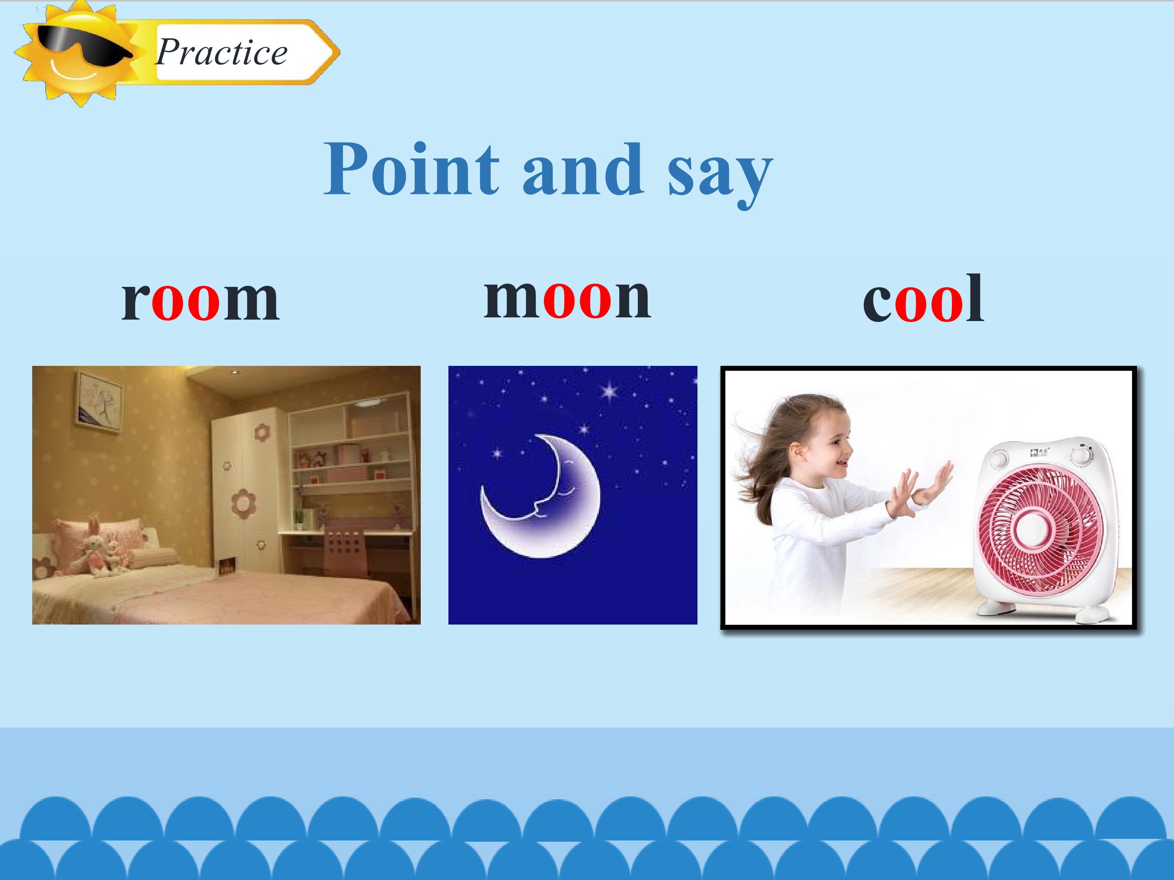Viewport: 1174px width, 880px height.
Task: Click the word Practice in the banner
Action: click(x=221, y=52)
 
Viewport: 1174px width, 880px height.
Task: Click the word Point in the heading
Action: click(x=412, y=169)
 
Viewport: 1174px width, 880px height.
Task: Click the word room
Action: click(x=200, y=300)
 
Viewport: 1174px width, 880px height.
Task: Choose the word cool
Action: click(x=923, y=298)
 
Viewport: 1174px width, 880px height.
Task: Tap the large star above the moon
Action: click(x=610, y=392)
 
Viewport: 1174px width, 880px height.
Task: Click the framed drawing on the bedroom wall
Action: click(x=99, y=400)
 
